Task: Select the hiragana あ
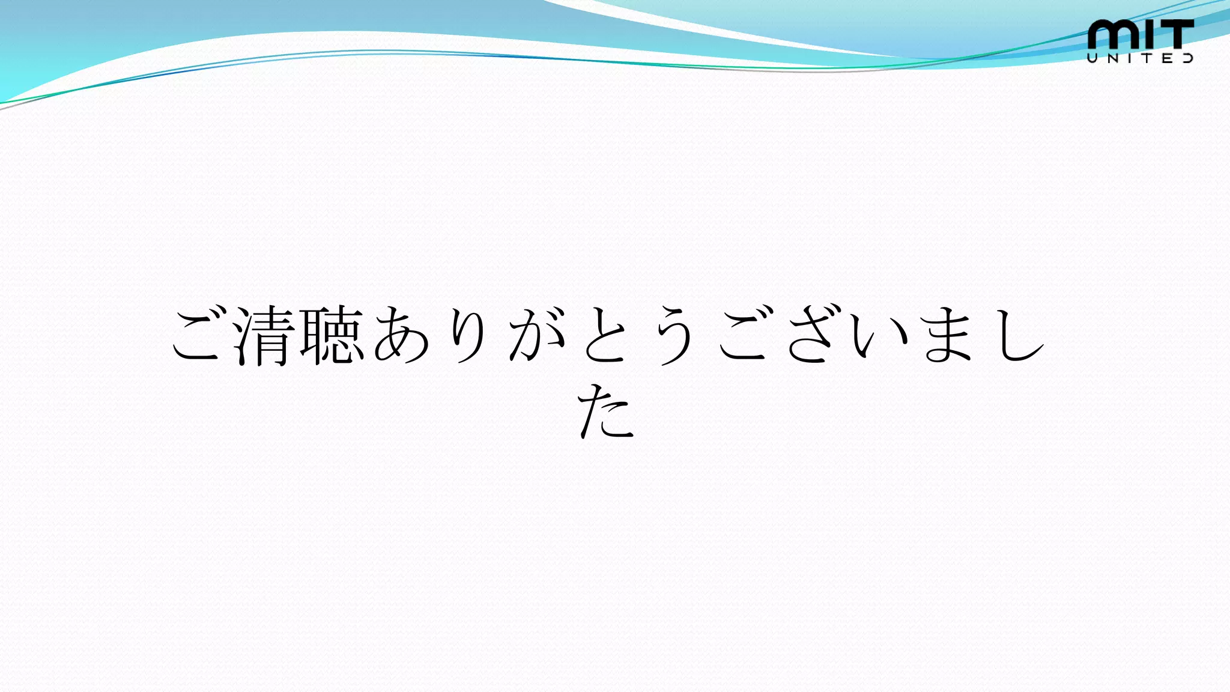point(401,335)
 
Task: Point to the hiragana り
point(468,335)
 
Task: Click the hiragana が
point(537,335)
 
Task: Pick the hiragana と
point(605,335)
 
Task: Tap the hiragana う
point(674,335)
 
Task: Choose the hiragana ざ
point(811,335)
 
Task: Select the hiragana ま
point(948,335)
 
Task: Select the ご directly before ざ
point(742,335)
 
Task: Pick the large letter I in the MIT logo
point(1145,34)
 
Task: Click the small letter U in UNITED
point(1092,58)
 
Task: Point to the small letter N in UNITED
point(1112,58)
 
